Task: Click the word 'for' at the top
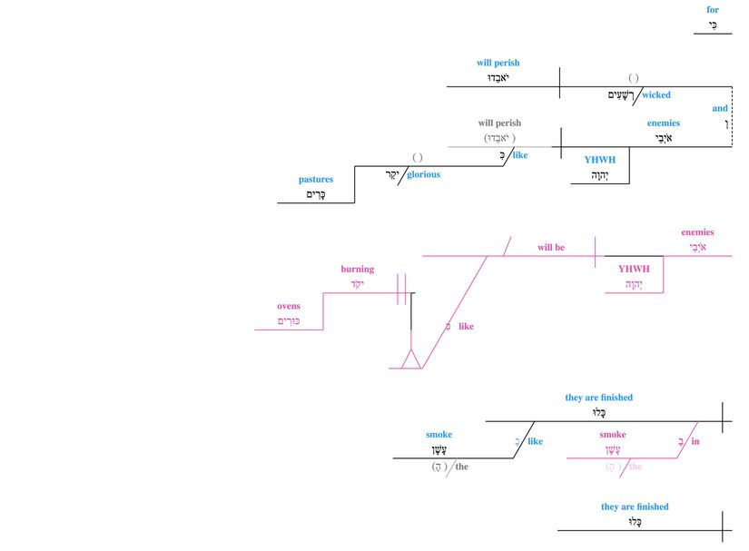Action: pos(713,10)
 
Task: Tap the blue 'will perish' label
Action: pos(498,64)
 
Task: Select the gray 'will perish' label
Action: pos(499,123)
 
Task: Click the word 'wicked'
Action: pos(655,94)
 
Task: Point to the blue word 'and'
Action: pos(720,108)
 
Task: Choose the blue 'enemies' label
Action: pos(663,123)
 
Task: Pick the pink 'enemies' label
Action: pos(697,232)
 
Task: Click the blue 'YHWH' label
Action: pos(600,160)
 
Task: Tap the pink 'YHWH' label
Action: pos(634,269)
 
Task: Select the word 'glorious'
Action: pos(423,174)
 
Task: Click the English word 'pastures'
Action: pos(316,180)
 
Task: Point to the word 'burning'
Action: pos(357,270)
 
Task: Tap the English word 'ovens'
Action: pos(289,307)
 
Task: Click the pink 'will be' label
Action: pos(550,247)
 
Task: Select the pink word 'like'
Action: pos(466,326)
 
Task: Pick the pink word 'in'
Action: pos(695,442)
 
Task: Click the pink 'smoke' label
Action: pos(613,435)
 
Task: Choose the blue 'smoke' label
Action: pos(439,435)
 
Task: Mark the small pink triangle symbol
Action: pos(411,359)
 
